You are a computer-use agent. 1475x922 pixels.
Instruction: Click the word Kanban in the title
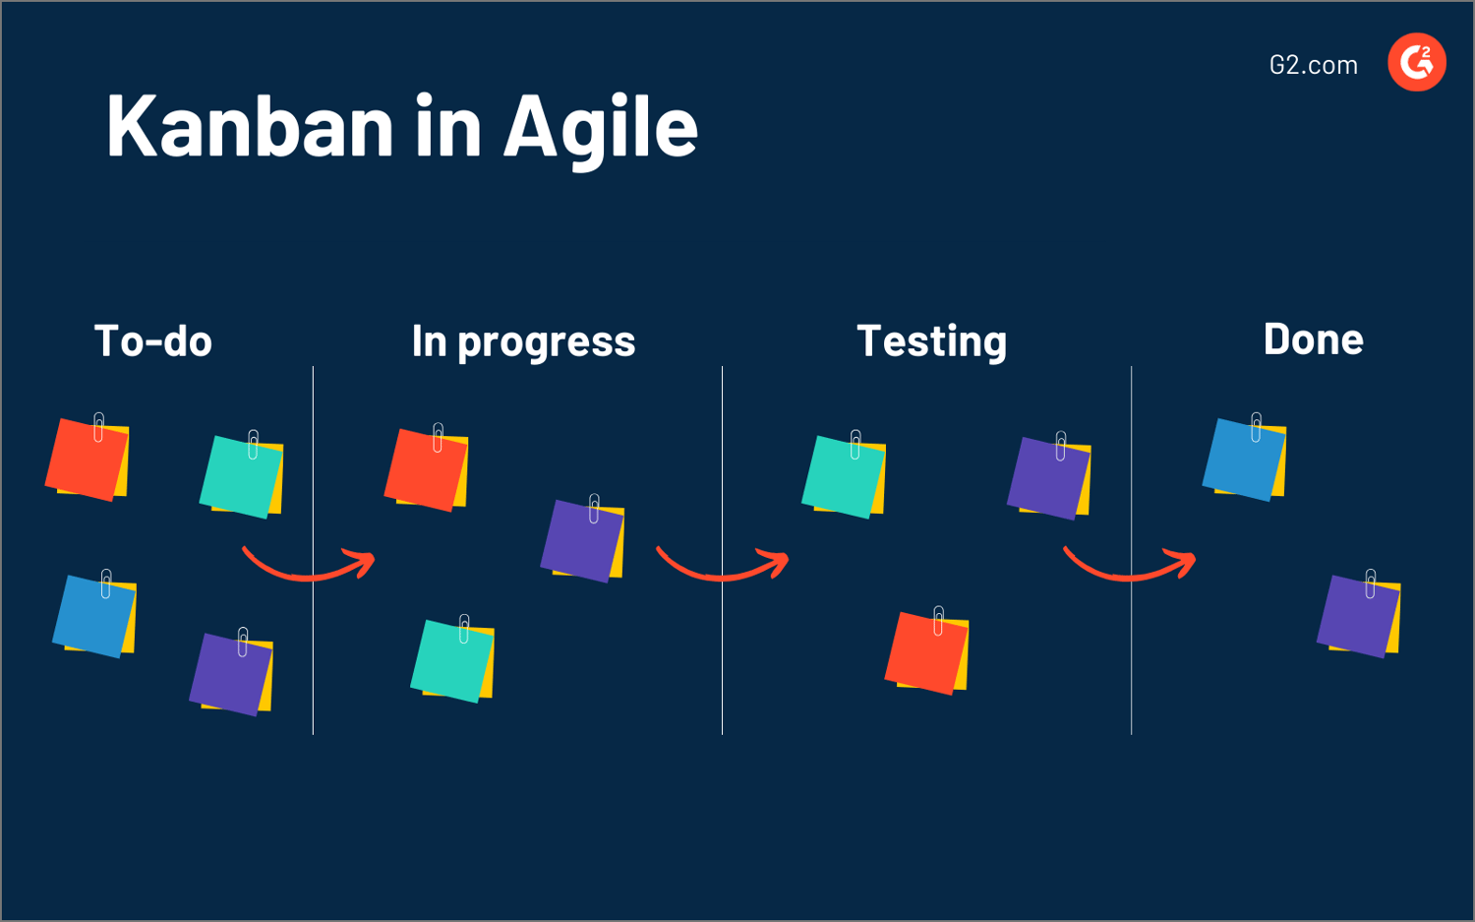(250, 126)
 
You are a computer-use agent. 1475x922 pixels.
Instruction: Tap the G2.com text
(1313, 65)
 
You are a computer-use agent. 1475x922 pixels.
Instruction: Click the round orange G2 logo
(1416, 62)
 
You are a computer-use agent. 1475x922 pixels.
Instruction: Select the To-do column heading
(153, 341)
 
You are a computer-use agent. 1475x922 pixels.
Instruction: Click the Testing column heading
(931, 341)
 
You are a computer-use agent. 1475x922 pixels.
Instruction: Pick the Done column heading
(1313, 339)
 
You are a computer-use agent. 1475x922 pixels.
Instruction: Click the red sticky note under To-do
(87, 461)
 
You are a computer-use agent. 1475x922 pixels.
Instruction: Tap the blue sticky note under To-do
(93, 617)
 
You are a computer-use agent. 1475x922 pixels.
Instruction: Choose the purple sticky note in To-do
(230, 675)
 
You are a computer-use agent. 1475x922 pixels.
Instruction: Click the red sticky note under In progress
(425, 470)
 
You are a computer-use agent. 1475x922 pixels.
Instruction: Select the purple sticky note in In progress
(581, 541)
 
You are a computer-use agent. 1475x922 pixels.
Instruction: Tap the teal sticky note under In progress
(451, 661)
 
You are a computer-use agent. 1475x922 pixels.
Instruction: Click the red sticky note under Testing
(925, 652)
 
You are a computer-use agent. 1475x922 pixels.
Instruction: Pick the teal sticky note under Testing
(843, 477)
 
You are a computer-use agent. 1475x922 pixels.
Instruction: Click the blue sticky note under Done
(1243, 460)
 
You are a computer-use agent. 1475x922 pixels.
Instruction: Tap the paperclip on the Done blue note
(1256, 427)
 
